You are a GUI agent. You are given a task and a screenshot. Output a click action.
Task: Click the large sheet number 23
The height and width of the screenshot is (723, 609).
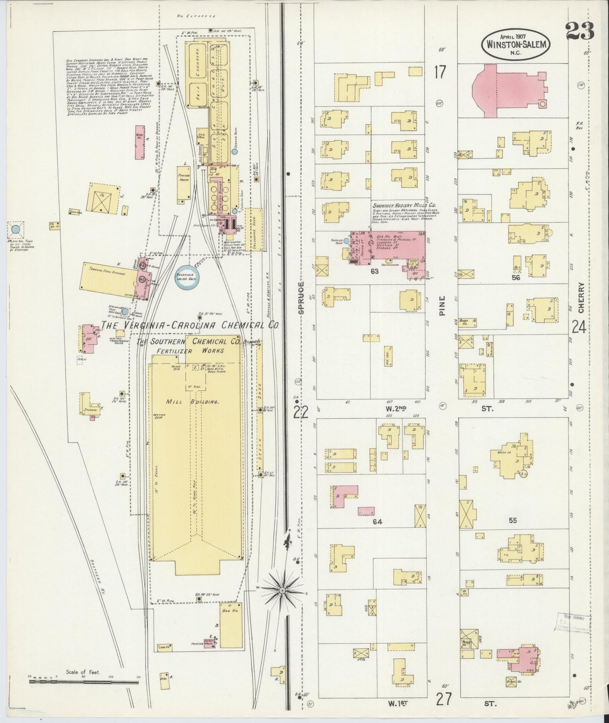(579, 31)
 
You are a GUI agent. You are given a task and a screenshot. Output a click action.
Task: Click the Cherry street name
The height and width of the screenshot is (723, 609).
(581, 298)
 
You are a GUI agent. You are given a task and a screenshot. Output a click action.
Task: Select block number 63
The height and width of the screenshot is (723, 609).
(374, 271)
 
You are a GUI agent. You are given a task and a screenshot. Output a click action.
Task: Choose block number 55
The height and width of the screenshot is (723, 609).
(512, 521)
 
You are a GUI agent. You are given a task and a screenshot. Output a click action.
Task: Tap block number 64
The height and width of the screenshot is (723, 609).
(377, 522)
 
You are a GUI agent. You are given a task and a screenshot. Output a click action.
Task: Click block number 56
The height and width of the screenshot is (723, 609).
(515, 278)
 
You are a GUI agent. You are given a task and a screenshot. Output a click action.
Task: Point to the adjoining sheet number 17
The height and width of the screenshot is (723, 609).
(440, 73)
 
